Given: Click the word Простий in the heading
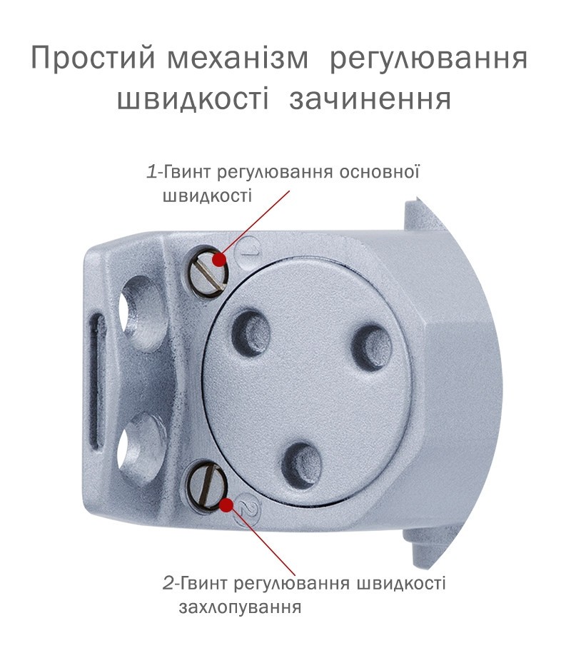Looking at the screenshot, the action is coord(93,58).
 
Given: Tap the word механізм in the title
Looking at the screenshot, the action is coord(238,58).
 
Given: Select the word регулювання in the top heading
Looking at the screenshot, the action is coord(428,59).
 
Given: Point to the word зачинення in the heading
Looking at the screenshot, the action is coord(370,100).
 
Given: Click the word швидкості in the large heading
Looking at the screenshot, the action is coord(193,99).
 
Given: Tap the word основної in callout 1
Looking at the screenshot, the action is coord(379,172).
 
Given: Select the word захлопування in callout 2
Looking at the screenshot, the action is coord(240,607).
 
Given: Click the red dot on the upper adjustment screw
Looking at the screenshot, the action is coord(219,260).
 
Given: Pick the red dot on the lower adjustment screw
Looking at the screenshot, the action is coord(226,505).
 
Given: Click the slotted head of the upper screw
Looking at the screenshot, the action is coord(208,273).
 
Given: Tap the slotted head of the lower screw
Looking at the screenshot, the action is coord(207,487).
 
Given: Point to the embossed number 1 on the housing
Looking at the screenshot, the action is coord(250,248).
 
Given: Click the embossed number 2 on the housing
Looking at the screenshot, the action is coord(248,510).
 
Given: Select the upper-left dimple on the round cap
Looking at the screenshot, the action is coord(251,333).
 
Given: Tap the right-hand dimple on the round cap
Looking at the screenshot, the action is coord(371,348).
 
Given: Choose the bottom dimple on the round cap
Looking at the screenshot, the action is coord(301,465).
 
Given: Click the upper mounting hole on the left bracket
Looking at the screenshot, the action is coord(140,313).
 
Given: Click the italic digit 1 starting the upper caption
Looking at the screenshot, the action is coord(152,172).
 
